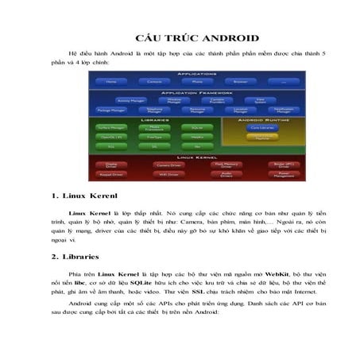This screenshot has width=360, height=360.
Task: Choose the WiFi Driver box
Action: pyautogui.click(x=169, y=172)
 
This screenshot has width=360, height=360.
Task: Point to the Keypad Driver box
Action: pyautogui.click(x=110, y=172)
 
